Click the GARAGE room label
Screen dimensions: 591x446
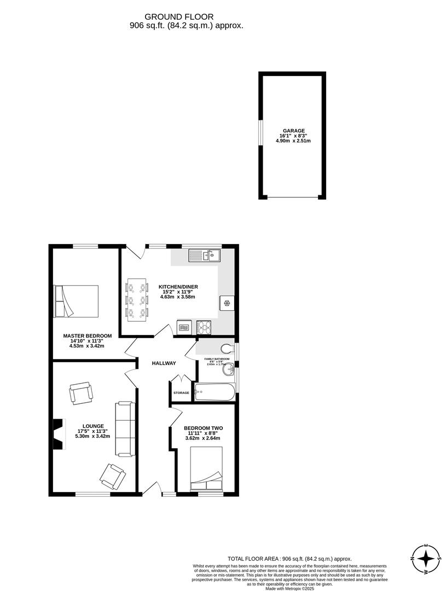[x=293, y=131]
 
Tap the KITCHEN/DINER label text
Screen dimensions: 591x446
[x=178, y=287]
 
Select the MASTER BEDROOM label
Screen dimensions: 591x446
[x=87, y=336]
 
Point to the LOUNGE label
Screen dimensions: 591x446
[x=93, y=426]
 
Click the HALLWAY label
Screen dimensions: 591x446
[x=164, y=363]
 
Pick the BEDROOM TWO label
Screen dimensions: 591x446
[x=203, y=428]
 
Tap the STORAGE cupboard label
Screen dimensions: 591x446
[x=181, y=393]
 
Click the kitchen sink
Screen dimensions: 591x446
[x=204, y=254]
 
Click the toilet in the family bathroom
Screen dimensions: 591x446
[x=227, y=348]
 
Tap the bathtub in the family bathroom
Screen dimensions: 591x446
[x=217, y=392]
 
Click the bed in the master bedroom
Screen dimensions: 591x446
[x=76, y=301]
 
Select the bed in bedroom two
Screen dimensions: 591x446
[x=206, y=470]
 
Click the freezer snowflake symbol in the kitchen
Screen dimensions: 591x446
[x=227, y=303]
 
